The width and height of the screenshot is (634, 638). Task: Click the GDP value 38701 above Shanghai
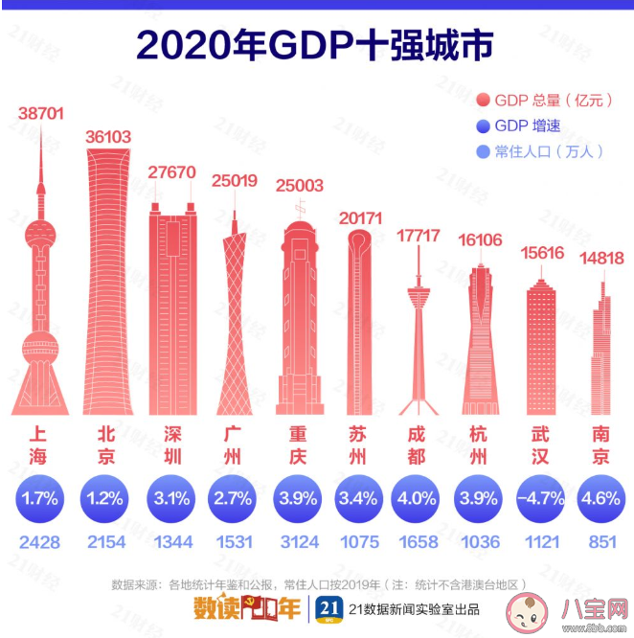[x=40, y=114]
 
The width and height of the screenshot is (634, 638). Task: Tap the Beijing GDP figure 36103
[x=108, y=137]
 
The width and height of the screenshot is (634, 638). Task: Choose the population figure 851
[x=602, y=542]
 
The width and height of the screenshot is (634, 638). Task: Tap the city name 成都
[x=417, y=444]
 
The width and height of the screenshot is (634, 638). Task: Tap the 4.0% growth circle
[x=417, y=498]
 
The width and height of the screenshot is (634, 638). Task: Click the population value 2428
[x=40, y=542]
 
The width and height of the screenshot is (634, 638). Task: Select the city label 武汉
[x=541, y=444]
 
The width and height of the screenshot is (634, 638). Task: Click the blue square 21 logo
[x=329, y=608]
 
